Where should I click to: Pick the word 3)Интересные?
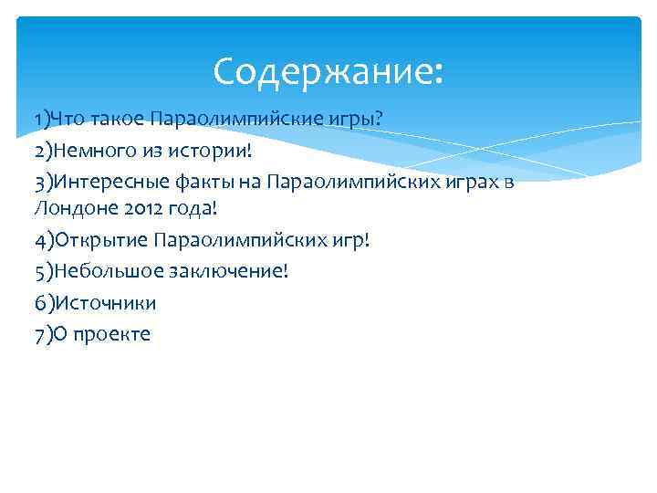click(94, 182)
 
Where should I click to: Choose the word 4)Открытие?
click(91, 240)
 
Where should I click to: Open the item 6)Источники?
click(95, 302)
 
